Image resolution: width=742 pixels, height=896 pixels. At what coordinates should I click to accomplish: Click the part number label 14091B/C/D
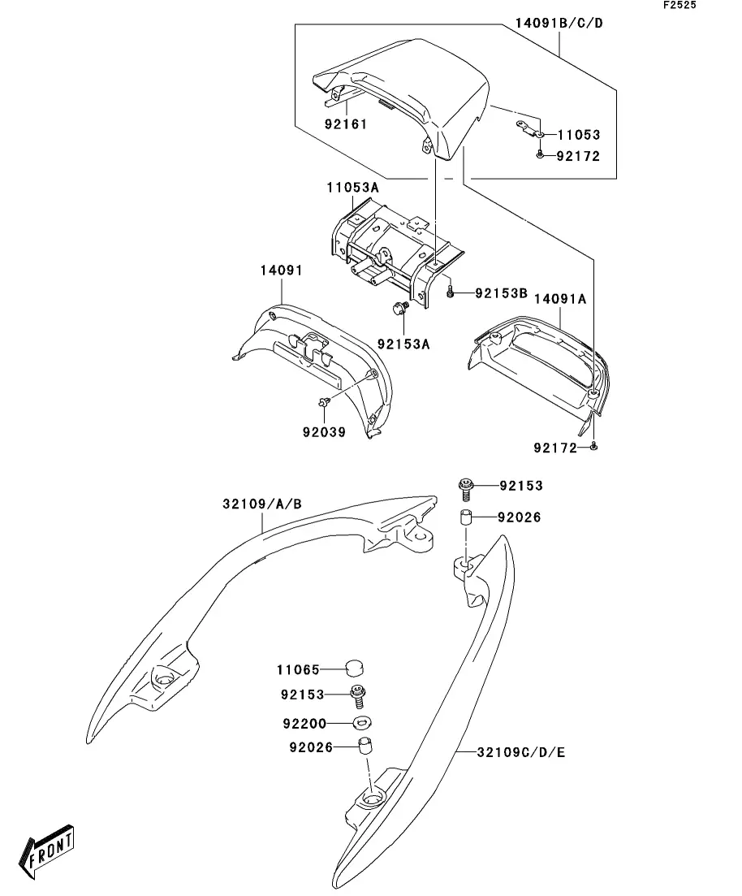tap(559, 24)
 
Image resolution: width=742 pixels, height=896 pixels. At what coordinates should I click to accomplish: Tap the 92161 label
tap(346, 124)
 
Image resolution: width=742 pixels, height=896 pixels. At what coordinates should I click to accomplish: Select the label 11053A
tap(352, 188)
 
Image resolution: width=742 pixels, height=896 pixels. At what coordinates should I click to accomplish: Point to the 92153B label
tap(501, 293)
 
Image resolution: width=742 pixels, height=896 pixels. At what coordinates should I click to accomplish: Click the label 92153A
tap(403, 344)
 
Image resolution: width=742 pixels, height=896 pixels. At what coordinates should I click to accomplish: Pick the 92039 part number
tap(324, 432)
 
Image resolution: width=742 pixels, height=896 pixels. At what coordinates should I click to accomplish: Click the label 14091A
tap(560, 299)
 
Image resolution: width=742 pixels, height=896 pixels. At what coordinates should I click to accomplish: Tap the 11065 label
tap(298, 669)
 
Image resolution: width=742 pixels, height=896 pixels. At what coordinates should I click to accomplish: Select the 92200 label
tap(304, 724)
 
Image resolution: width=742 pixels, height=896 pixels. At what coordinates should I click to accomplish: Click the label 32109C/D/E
tap(521, 752)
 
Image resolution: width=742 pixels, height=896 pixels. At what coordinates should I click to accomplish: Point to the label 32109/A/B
tap(262, 504)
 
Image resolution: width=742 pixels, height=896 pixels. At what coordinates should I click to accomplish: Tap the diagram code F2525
tap(679, 5)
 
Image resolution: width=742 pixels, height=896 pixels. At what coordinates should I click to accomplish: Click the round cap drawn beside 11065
tap(354, 668)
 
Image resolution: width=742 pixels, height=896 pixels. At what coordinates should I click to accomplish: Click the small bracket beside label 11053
tap(529, 128)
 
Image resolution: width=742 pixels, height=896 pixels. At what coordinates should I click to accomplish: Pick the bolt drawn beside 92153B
tap(450, 292)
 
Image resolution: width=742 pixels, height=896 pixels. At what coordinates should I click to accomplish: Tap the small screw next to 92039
tap(325, 402)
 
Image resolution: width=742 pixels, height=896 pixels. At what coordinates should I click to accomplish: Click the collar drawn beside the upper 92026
tap(466, 517)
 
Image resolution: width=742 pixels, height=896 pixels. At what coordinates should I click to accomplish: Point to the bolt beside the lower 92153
tap(358, 695)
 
